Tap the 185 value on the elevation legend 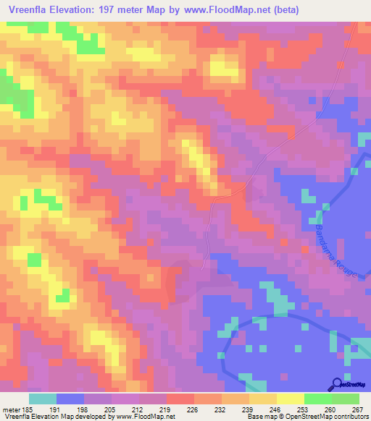(28, 409)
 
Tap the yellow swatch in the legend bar (290, 399)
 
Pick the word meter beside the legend (10, 409)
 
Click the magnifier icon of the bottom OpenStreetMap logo (338, 385)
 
